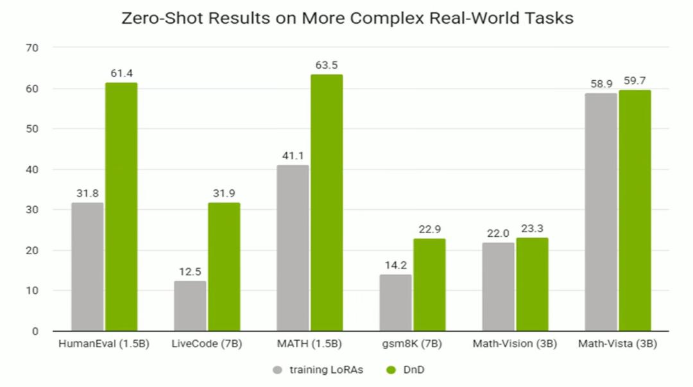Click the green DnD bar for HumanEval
click(x=121, y=207)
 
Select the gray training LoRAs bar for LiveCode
click(x=190, y=306)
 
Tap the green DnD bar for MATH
click(x=327, y=203)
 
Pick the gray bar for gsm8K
click(x=395, y=303)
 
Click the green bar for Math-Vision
click(x=532, y=284)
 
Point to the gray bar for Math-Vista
click(x=601, y=212)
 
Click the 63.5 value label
click(x=327, y=65)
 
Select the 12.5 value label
click(x=190, y=271)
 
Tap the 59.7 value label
click(x=635, y=81)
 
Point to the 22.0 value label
click(x=498, y=234)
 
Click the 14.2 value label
click(x=395, y=265)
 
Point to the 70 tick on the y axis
click(x=32, y=48)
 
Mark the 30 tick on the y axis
click(x=32, y=210)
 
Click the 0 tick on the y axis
click(x=35, y=331)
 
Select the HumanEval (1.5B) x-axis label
click(x=103, y=344)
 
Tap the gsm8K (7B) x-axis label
click(x=412, y=344)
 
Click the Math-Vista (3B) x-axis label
click(x=617, y=344)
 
